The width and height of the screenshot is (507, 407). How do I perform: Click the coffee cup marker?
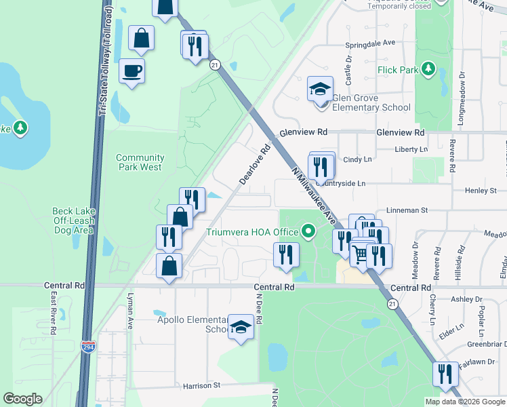coord(131,71)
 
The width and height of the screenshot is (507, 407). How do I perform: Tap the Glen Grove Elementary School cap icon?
coord(320,89)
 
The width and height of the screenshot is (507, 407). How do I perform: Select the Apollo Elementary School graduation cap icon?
coord(241,328)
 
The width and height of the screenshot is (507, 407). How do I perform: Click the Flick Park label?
coord(399,69)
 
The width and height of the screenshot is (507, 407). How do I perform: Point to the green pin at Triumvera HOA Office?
coord(309,232)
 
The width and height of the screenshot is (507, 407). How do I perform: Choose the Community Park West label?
coord(140,162)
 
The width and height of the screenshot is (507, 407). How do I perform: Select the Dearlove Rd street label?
coord(254,163)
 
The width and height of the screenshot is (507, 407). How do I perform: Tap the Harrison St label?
coord(202,385)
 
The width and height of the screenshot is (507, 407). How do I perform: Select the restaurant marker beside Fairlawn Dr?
coord(445,374)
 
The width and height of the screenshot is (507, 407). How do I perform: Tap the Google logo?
coord(22,399)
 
